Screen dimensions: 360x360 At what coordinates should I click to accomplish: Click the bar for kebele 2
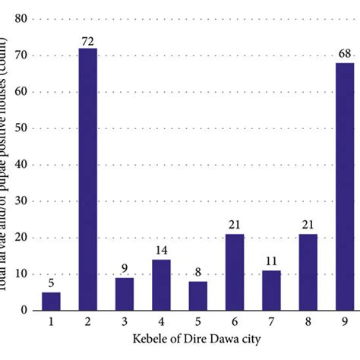point(88,179)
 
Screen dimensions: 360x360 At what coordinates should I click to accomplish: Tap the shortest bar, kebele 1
point(52,301)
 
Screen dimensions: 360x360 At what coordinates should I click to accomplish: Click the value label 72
point(88,42)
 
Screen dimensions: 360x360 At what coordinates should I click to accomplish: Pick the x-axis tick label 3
point(124,321)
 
